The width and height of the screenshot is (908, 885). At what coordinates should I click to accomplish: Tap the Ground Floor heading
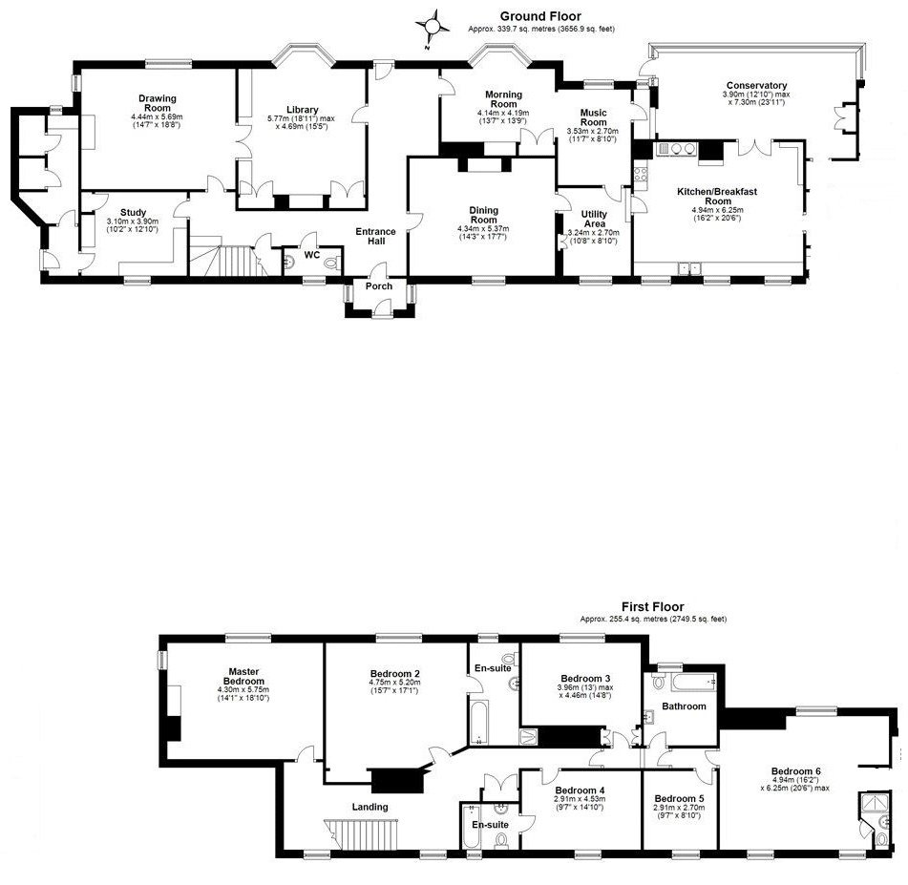click(540, 16)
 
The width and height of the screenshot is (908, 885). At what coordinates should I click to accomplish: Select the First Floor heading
click(653, 607)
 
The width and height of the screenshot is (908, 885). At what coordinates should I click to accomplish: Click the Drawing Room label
click(157, 103)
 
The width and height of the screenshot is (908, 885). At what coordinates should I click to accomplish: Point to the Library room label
click(303, 110)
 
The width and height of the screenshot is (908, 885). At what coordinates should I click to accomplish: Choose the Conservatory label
click(756, 85)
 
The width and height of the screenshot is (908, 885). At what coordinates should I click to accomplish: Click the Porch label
click(379, 286)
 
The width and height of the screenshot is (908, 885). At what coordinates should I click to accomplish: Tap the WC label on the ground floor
click(311, 255)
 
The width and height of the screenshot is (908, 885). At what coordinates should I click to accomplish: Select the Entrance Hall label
click(376, 237)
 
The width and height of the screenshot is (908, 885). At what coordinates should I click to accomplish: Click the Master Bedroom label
click(243, 677)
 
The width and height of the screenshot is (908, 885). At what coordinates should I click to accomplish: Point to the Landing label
click(370, 807)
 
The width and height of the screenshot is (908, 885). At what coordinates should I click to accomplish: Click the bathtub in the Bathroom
click(694, 683)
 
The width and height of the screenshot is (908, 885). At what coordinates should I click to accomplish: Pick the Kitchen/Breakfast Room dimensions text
click(717, 214)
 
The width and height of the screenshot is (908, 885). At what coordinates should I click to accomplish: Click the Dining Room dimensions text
click(483, 233)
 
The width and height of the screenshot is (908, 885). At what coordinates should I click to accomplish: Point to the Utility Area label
click(594, 219)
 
